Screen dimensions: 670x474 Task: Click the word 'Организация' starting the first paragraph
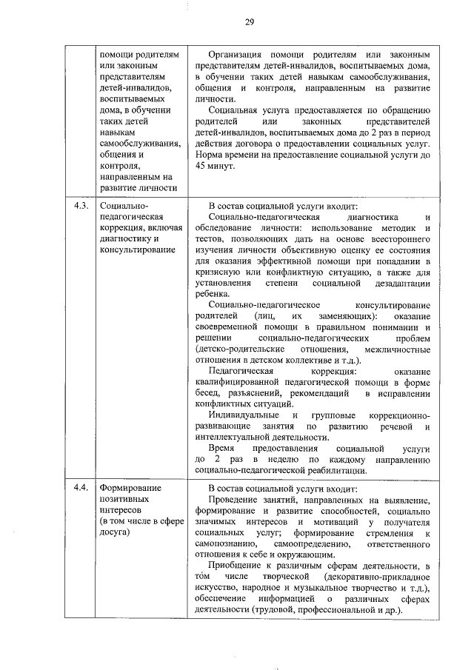(239, 55)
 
